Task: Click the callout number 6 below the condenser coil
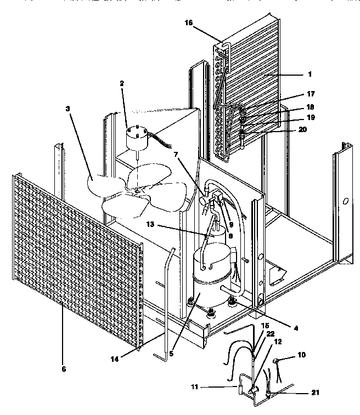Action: pyautogui.click(x=64, y=369)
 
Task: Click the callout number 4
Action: pyautogui.click(x=296, y=328)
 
